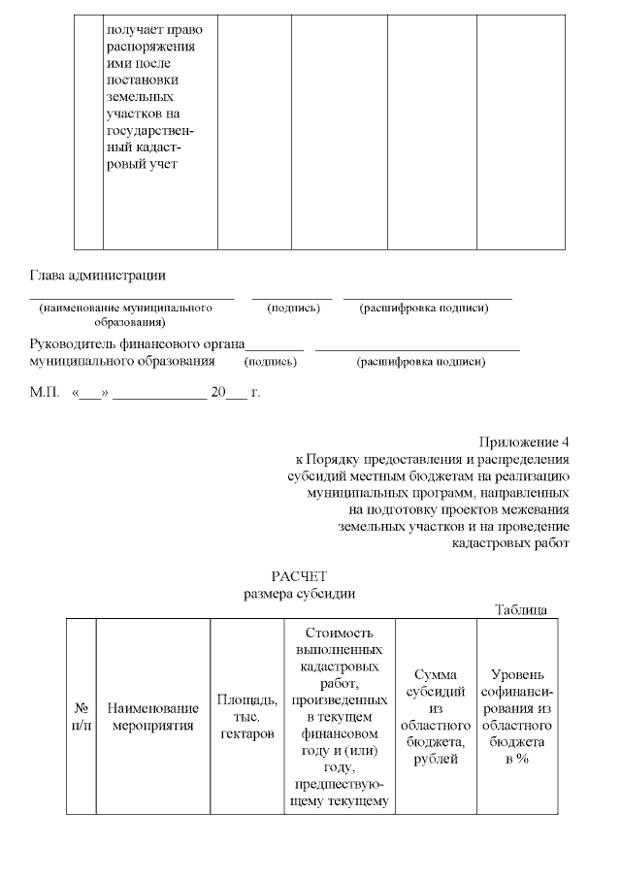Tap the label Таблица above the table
(521, 610)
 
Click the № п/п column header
(82, 716)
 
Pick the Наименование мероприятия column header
(152, 716)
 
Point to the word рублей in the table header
(436, 758)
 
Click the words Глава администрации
(97, 276)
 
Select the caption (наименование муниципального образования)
(126, 314)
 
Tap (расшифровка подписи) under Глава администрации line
(423, 309)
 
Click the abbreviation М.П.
(45, 393)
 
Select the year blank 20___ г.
(235, 393)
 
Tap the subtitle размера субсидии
(305, 594)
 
